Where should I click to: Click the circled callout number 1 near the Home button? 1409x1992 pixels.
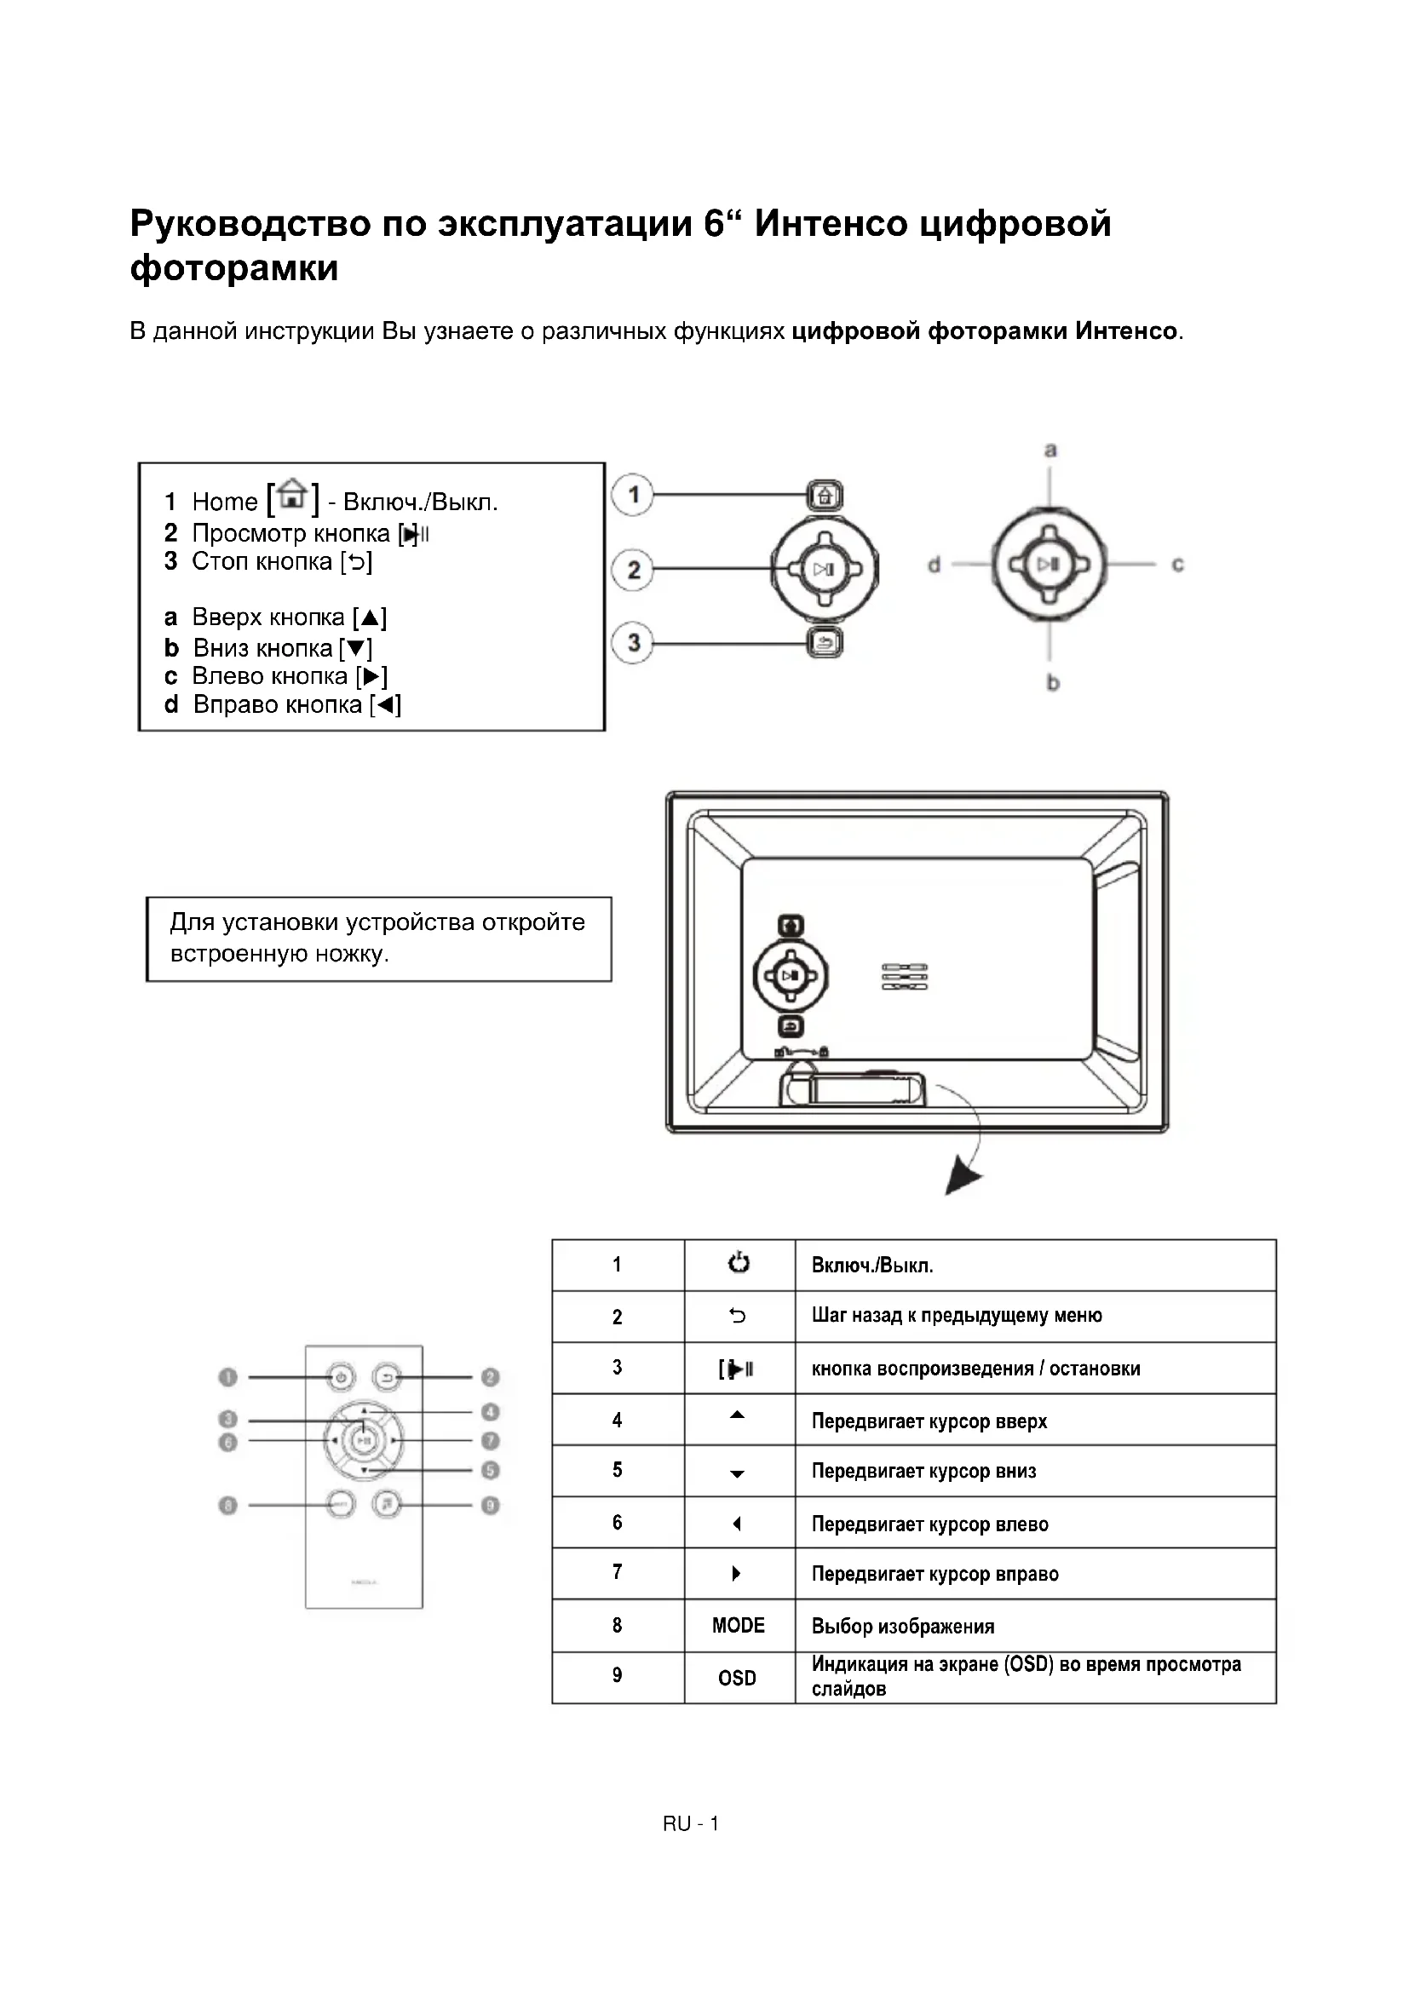pos(633,496)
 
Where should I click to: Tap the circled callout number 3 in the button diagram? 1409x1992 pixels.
pos(633,643)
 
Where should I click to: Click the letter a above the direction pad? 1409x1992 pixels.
pos(1050,450)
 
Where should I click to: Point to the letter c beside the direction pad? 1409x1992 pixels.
pos(1177,565)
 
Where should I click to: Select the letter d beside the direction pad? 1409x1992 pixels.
pos(934,565)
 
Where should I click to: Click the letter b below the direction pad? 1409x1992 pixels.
pos(1052,683)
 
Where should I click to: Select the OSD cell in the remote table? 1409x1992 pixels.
pos(738,1678)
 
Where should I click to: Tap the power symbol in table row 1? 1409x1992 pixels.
pos(739,1263)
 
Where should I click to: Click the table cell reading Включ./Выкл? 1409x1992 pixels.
pos(872,1265)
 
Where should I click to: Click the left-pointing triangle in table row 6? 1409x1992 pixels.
pos(737,1524)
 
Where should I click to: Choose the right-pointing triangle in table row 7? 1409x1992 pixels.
pos(737,1574)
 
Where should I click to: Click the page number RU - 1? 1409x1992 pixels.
pos(691,1823)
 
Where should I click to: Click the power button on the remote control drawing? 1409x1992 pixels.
pos(341,1377)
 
